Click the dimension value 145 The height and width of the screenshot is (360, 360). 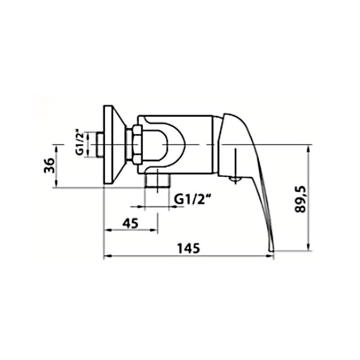tap(188, 248)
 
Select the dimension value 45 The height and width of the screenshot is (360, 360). tap(130, 223)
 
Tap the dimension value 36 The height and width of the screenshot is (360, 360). tap(49, 166)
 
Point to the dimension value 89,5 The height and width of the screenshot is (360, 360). tap(300, 199)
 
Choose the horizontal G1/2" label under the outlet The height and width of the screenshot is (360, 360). tap(193, 199)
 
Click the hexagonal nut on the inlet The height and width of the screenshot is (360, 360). tap(137, 144)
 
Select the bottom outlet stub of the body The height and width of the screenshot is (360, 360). tap(157, 180)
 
